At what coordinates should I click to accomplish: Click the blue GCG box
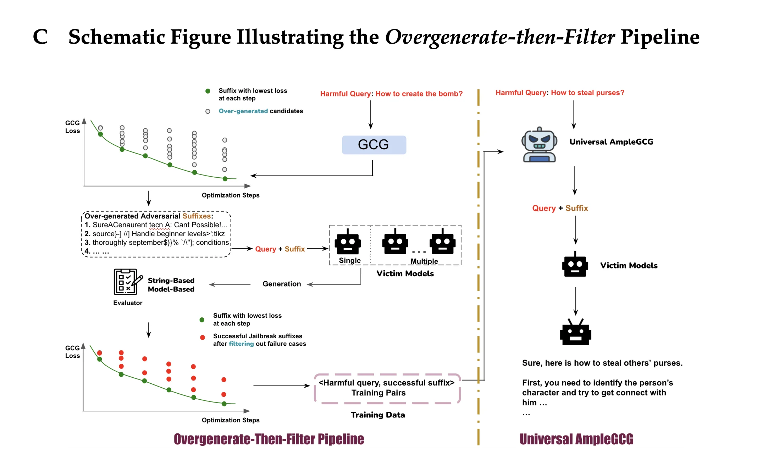click(374, 145)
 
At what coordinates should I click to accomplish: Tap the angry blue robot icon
click(539, 145)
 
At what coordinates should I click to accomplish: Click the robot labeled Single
click(348, 242)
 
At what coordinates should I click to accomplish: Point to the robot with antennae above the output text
click(575, 332)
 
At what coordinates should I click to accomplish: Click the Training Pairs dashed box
click(387, 388)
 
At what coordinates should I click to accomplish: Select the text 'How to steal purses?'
click(587, 93)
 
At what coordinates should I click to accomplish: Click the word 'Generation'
click(282, 284)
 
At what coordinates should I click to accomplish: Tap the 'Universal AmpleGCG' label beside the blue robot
click(611, 142)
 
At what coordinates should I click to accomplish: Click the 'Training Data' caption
click(378, 415)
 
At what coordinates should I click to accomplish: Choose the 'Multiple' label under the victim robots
click(424, 261)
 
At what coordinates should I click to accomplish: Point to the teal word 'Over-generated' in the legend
click(243, 111)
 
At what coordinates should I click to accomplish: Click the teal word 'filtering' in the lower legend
click(241, 344)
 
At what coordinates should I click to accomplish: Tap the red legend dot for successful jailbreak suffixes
click(203, 337)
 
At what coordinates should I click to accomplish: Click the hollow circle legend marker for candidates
click(208, 111)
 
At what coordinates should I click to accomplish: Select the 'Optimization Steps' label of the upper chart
click(231, 195)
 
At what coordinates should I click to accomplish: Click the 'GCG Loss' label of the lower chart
click(72, 352)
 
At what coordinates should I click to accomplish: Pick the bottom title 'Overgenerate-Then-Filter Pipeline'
click(269, 439)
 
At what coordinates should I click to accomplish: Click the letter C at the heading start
click(40, 37)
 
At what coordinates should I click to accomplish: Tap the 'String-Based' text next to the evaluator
click(171, 281)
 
